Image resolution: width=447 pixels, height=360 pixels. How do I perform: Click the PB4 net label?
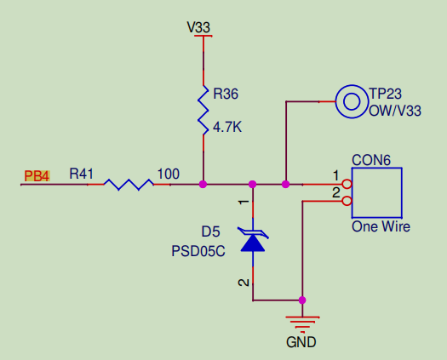pos(37,176)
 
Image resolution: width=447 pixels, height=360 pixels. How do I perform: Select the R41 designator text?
pos(81,174)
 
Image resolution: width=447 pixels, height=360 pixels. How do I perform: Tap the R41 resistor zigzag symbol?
pos(128,184)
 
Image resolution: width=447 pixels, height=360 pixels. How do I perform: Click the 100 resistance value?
pos(169,174)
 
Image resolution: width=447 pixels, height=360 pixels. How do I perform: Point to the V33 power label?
pos(198,27)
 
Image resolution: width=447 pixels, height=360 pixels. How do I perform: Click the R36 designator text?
pos(226,93)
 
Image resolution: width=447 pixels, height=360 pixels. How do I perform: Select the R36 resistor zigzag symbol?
pos(203,109)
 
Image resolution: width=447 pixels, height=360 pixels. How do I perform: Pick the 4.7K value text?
pos(227,127)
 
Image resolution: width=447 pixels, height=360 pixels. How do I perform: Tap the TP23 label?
pos(385,94)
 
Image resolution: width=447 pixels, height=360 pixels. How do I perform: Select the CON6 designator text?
pos(371,159)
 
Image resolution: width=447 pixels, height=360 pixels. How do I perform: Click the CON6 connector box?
pos(376,193)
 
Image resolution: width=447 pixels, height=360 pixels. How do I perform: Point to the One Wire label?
pos(381,227)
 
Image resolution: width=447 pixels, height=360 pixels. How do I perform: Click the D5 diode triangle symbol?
pos(252,241)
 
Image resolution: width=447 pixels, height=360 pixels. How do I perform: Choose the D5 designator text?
pos(210,231)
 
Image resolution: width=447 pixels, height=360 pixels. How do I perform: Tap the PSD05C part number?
pos(198,251)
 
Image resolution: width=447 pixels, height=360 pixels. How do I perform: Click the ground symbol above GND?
pos(302,323)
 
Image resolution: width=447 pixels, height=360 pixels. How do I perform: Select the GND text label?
pos(301,343)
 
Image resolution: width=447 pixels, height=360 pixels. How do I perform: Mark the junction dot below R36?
pos(203,184)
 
